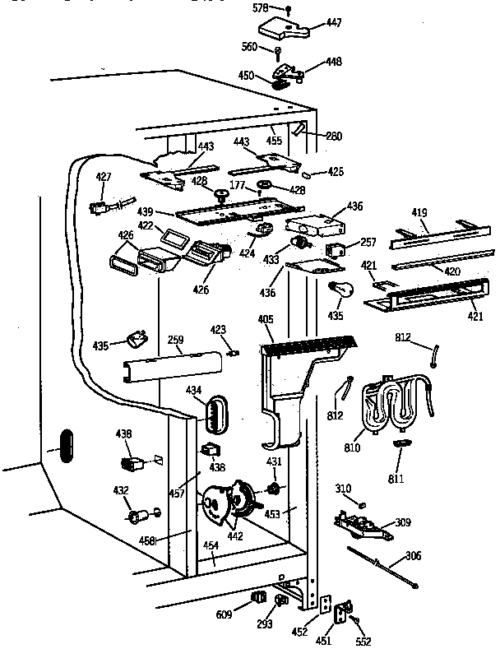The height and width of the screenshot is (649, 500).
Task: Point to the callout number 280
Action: (334, 136)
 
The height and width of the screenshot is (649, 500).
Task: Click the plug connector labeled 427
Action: (100, 209)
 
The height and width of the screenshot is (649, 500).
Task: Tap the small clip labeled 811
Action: (401, 444)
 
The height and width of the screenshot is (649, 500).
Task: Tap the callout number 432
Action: (121, 490)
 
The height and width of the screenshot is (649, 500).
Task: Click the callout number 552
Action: (363, 642)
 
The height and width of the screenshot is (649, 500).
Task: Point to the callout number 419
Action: (420, 214)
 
